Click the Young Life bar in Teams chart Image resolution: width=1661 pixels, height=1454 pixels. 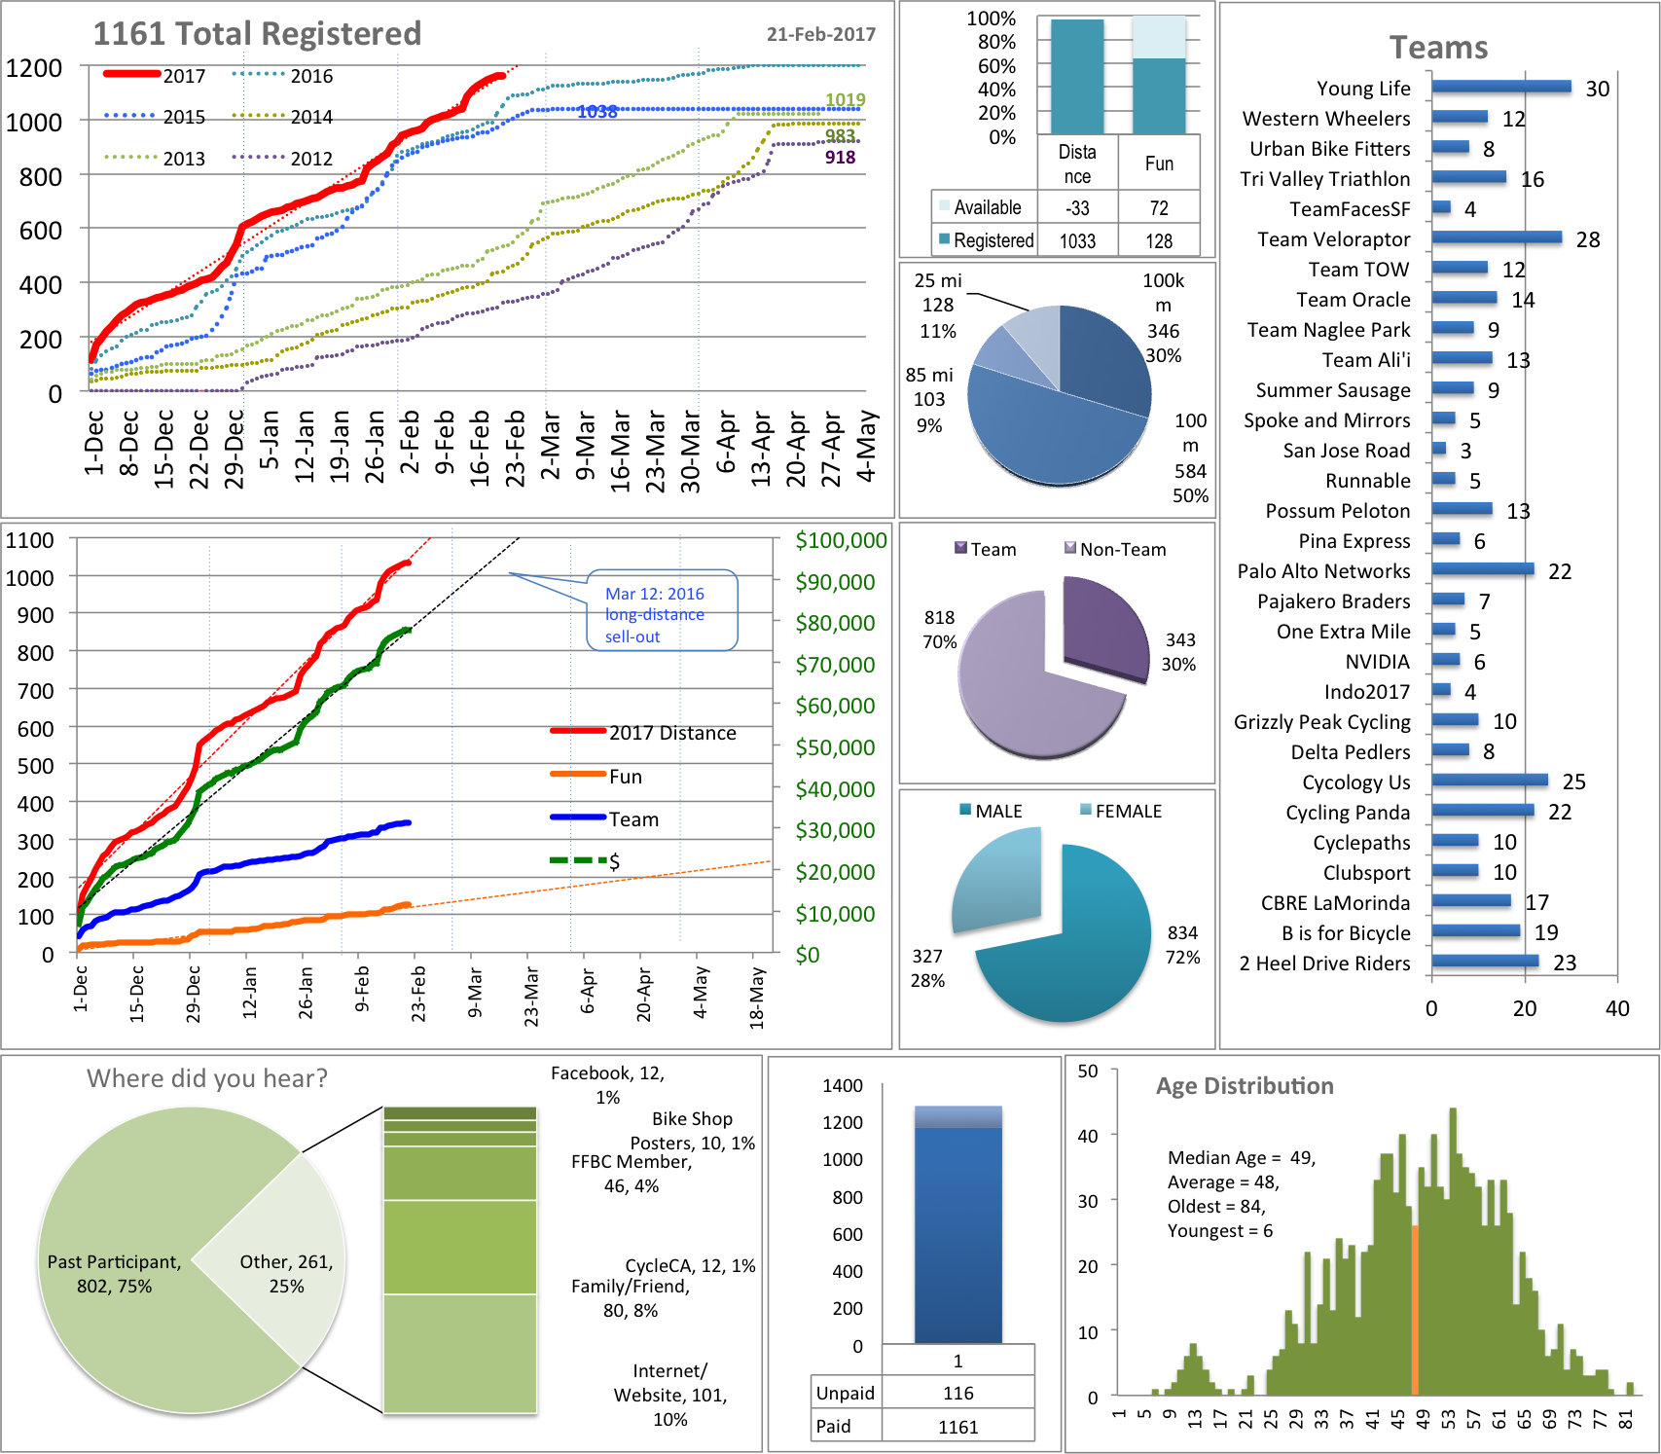coord(1500,87)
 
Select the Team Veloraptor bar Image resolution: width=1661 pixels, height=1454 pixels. coord(1496,237)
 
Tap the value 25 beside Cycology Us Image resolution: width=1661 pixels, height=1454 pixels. coord(1573,782)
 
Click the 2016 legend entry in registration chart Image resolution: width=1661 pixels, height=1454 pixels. coord(311,76)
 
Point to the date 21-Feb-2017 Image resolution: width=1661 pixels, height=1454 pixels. coord(820,34)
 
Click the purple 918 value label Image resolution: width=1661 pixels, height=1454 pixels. coord(840,158)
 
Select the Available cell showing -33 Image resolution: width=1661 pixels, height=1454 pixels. coord(1077,208)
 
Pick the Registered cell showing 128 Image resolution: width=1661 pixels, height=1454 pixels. coord(1159,241)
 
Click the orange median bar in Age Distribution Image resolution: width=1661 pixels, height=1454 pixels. coord(1415,1309)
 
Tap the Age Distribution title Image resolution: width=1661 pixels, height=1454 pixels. coord(1244,1086)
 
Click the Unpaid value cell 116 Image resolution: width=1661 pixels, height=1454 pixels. coord(957,1393)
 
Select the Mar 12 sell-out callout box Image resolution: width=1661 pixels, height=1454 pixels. coord(662,610)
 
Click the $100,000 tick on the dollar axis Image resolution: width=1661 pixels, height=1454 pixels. coord(841,540)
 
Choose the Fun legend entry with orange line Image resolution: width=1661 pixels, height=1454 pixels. coord(625,777)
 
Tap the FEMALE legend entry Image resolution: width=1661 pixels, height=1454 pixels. coord(1128,811)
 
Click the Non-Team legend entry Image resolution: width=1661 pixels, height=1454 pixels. coord(1122,550)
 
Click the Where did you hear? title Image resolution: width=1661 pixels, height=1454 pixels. coord(207,1078)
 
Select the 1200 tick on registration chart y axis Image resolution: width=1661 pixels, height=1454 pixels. coord(34,68)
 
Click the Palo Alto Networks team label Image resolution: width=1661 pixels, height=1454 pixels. coord(1323,571)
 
